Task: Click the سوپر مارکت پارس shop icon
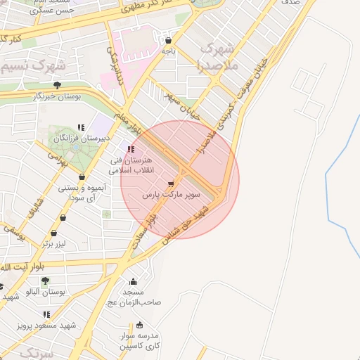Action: tap(170, 183)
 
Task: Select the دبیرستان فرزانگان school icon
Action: tap(82, 127)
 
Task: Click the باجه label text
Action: tap(168, 51)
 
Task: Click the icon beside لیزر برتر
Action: tap(54, 233)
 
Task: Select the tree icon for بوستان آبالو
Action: tap(45, 281)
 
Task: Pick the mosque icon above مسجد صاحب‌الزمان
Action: tap(133, 281)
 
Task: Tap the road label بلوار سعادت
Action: tap(145, 231)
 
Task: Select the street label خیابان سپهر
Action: tap(182, 105)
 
